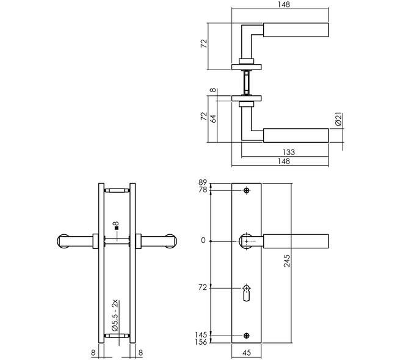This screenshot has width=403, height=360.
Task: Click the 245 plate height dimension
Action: coord(287,261)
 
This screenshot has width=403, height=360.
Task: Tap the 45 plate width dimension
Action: coord(247,353)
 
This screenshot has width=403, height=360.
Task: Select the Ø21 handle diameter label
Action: coord(339,119)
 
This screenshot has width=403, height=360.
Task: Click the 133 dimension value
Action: coord(289,153)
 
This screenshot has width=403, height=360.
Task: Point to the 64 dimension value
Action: coord(213,118)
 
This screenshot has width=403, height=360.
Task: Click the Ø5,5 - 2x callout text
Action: coord(115,315)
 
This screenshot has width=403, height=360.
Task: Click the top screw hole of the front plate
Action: coord(247,190)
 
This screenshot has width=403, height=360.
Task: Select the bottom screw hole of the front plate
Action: coord(247,336)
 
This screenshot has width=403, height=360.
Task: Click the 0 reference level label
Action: coord(203,240)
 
